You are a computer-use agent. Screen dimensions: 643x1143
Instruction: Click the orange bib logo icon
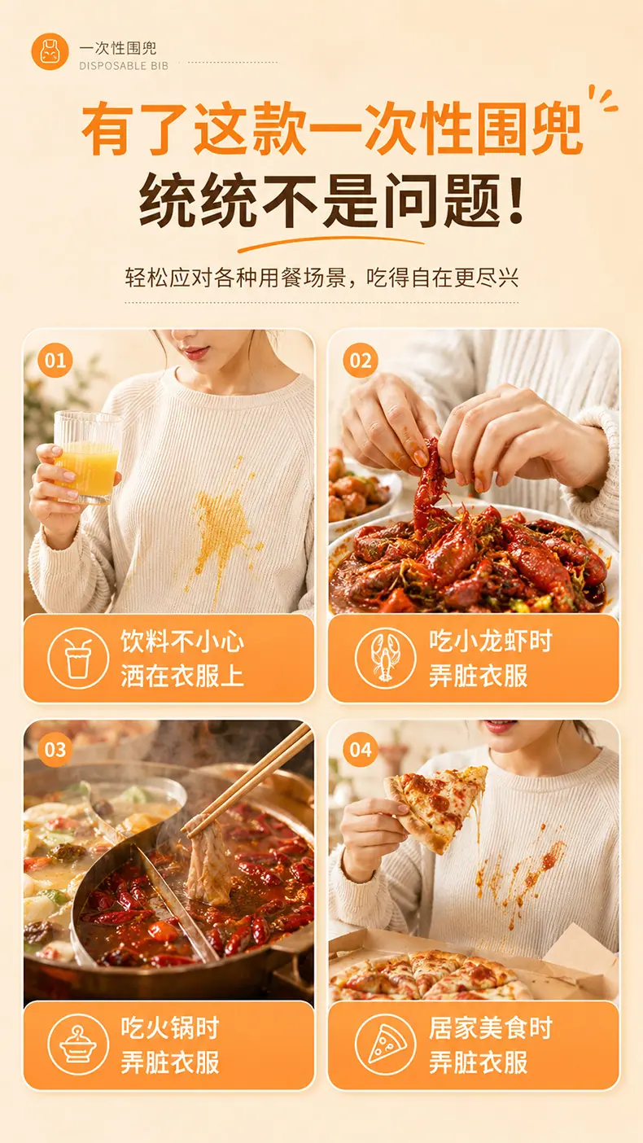(x=50, y=51)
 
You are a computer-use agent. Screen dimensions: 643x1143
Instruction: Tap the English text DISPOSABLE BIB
(x=124, y=66)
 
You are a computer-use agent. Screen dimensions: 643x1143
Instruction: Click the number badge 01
(x=55, y=361)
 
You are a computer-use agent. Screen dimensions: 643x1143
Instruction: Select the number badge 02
(x=361, y=361)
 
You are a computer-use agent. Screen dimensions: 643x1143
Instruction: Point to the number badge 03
(x=55, y=750)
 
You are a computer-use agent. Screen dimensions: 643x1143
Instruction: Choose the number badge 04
(x=361, y=750)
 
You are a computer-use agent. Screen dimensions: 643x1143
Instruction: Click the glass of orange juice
(x=88, y=457)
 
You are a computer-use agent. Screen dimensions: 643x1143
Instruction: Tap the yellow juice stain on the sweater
(x=223, y=526)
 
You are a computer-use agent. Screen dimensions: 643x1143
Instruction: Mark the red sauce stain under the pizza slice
(x=521, y=868)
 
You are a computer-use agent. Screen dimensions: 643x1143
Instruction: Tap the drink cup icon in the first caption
(x=78, y=659)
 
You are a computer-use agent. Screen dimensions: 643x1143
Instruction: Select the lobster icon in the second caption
(x=385, y=659)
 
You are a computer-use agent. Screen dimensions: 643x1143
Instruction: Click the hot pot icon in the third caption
(x=78, y=1044)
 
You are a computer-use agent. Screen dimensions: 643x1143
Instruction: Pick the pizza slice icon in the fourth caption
(x=385, y=1044)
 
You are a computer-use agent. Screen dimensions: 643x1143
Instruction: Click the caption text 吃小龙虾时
(x=491, y=641)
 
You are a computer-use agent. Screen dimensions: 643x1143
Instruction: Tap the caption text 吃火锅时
(x=170, y=1027)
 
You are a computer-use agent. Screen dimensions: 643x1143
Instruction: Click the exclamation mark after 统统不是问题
(x=516, y=200)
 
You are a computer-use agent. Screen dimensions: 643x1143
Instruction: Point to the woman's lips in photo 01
(x=195, y=352)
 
